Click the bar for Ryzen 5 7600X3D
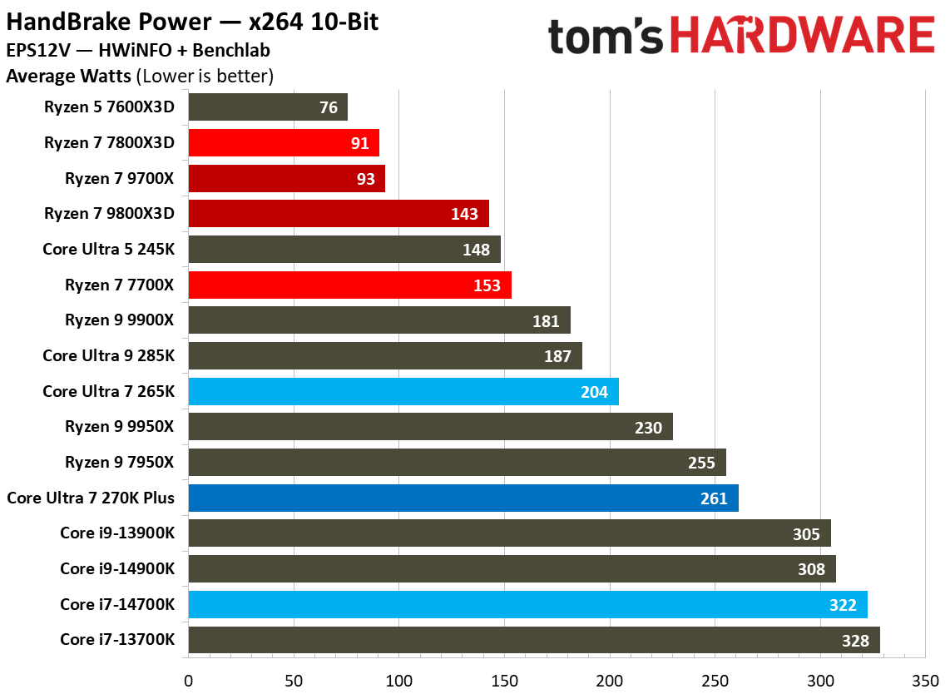point(268,107)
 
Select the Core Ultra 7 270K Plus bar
point(463,498)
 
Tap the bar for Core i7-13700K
point(534,640)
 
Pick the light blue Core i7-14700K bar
point(527,605)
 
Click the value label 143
point(464,214)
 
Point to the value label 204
point(594,392)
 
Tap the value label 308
point(811,569)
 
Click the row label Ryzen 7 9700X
point(120,178)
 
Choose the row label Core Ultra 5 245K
point(109,249)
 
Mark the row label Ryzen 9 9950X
point(120,427)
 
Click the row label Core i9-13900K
point(117,533)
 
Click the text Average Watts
point(68,77)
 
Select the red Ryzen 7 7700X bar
point(349,285)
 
